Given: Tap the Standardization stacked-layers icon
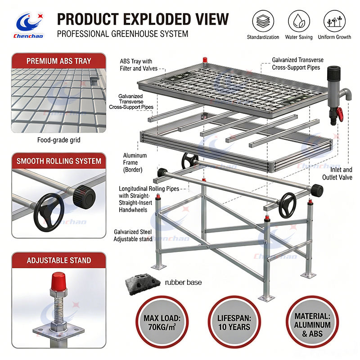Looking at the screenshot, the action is [263, 21].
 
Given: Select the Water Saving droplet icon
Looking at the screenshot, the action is [299, 21].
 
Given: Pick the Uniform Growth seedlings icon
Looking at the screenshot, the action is [334, 21].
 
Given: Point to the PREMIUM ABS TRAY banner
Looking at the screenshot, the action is [59, 61].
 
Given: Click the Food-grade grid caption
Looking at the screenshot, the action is [59, 140].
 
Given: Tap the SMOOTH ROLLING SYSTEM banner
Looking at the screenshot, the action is [59, 161].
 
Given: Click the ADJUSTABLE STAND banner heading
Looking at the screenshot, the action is [59, 261].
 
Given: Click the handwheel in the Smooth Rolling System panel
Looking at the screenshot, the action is [48, 212].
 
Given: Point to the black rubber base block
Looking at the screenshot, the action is [142, 284].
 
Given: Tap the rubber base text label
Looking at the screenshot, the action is [183, 282].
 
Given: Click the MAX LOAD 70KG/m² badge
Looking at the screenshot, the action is [162, 322].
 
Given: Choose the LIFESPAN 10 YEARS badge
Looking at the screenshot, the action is [234, 322].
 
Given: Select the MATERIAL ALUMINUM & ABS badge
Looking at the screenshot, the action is [312, 322].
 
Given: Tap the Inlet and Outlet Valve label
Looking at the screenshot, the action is [337, 173].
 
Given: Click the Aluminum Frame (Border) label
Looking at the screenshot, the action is [135, 162].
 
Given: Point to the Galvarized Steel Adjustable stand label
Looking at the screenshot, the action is [133, 235].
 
